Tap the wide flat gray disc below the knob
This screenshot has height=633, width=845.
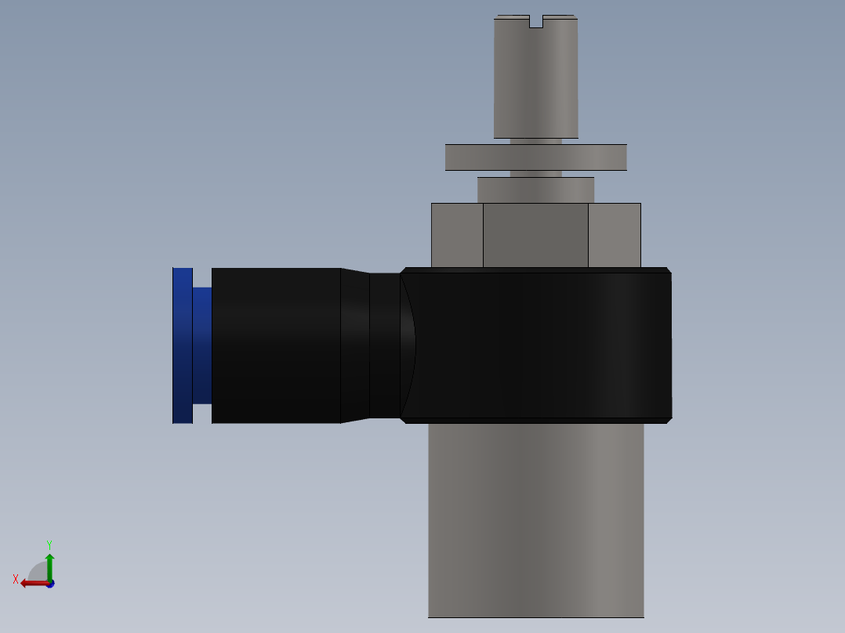(536, 157)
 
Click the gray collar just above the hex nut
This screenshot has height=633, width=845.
(536, 190)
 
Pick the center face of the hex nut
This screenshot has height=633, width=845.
(535, 235)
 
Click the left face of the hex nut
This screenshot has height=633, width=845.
(457, 235)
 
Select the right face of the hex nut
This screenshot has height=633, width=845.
(615, 235)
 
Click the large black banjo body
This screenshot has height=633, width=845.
(541, 345)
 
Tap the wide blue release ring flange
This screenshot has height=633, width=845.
(183, 345)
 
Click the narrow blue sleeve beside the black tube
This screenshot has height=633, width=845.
(202, 345)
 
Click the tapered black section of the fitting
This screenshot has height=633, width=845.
(355, 345)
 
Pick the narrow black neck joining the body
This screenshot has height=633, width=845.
(384, 345)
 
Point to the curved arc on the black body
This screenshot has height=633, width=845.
(412, 345)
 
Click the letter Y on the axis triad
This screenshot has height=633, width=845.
(49, 544)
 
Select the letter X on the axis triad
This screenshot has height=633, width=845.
(16, 579)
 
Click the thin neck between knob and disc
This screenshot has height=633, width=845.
(536, 142)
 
